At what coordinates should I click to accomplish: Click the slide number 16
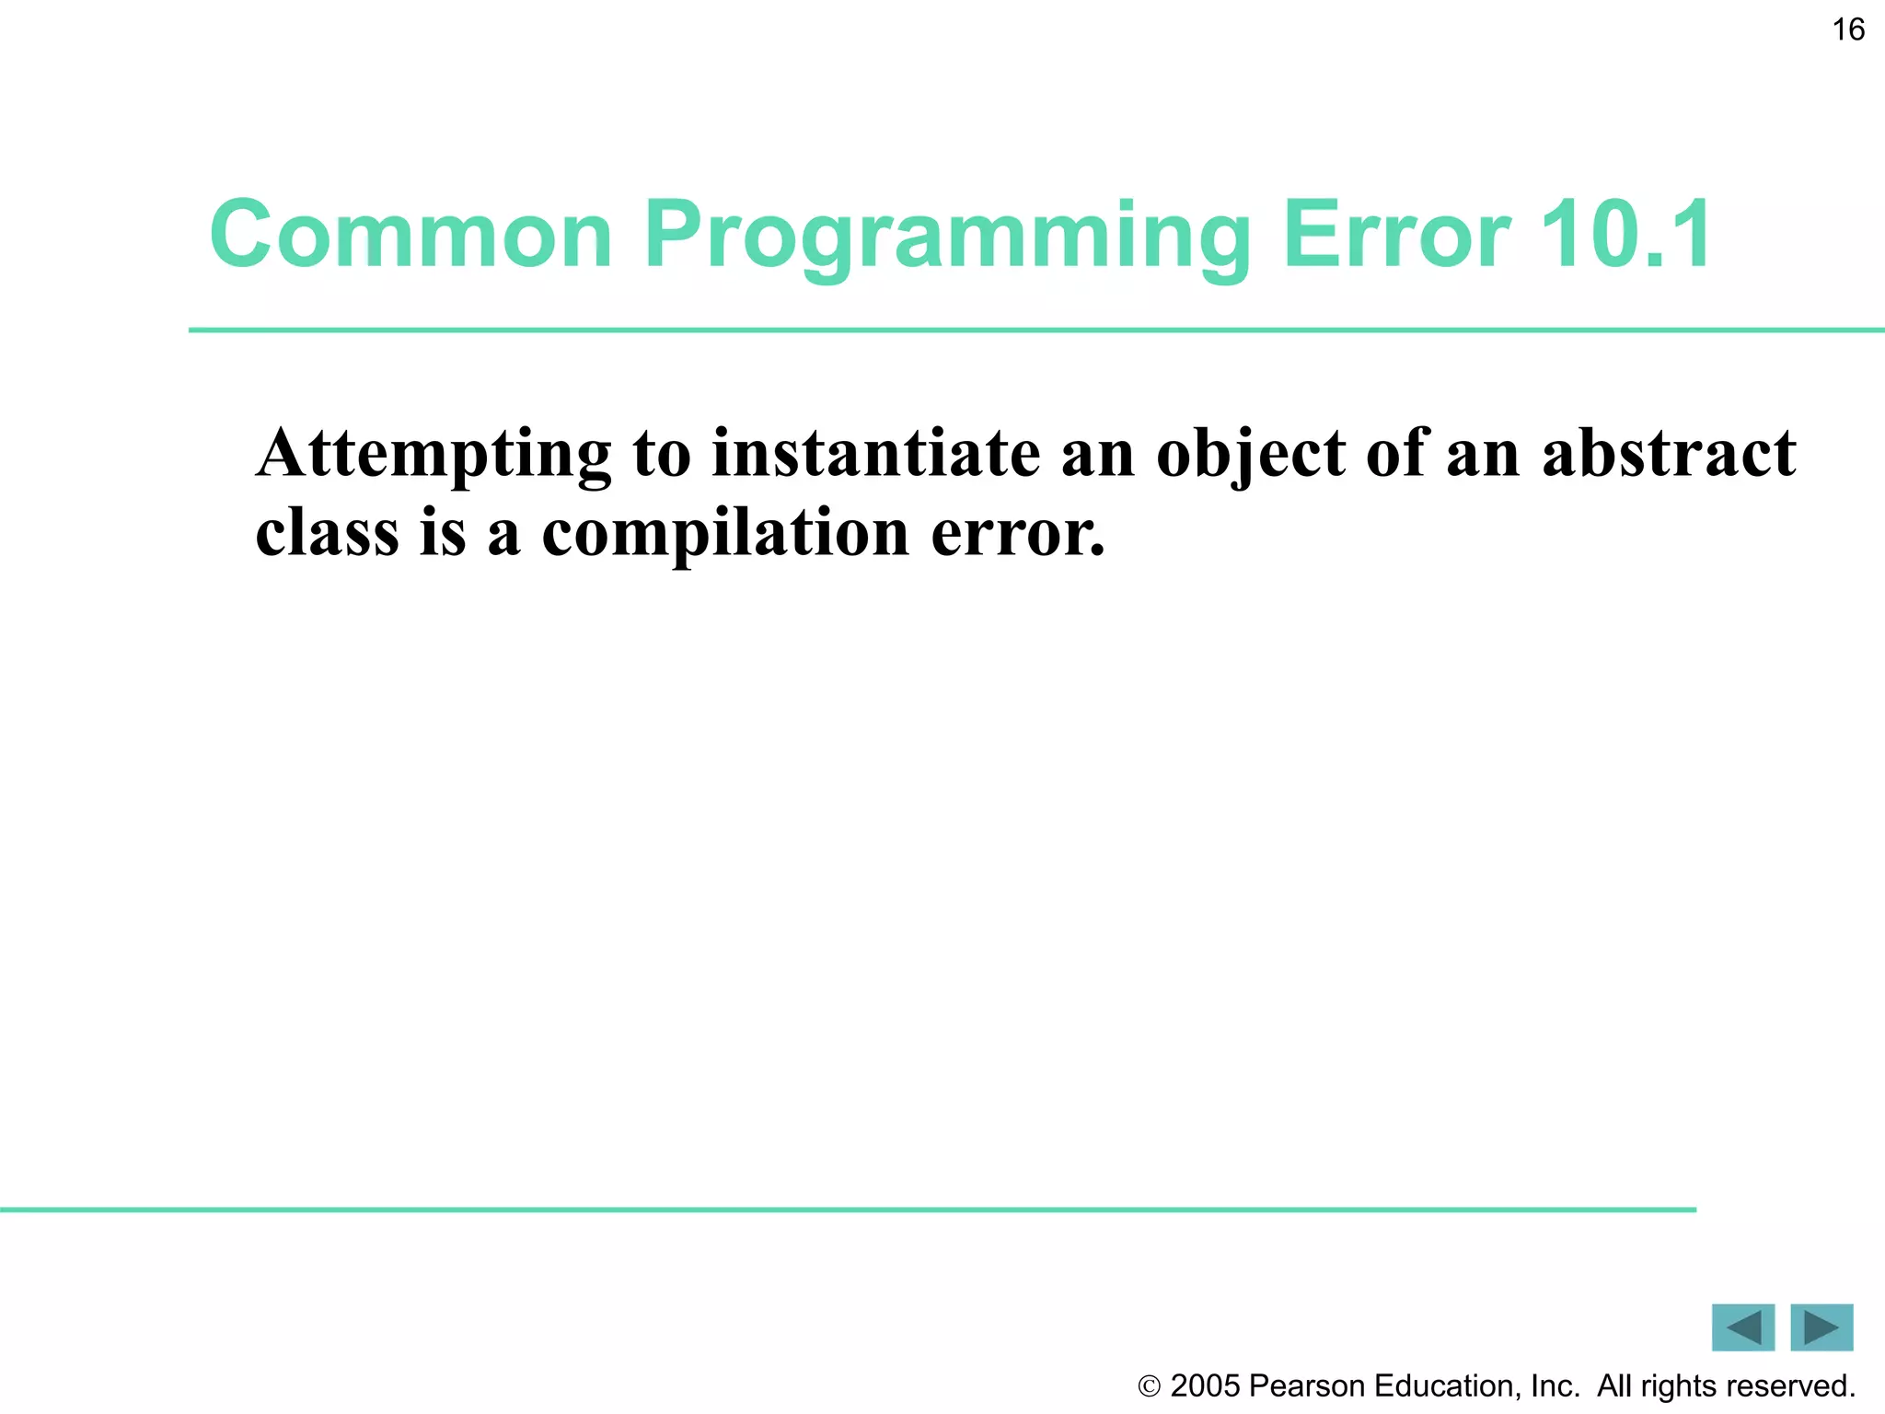[1847, 29]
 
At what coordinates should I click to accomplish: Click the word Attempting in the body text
[434, 455]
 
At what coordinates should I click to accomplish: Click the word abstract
[1668, 453]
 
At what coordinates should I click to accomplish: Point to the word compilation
[725, 534]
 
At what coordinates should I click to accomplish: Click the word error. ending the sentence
[1017, 534]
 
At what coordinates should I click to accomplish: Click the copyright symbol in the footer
[1149, 1386]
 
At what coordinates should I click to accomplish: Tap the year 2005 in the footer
[1205, 1385]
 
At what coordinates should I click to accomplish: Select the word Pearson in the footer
[1307, 1385]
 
